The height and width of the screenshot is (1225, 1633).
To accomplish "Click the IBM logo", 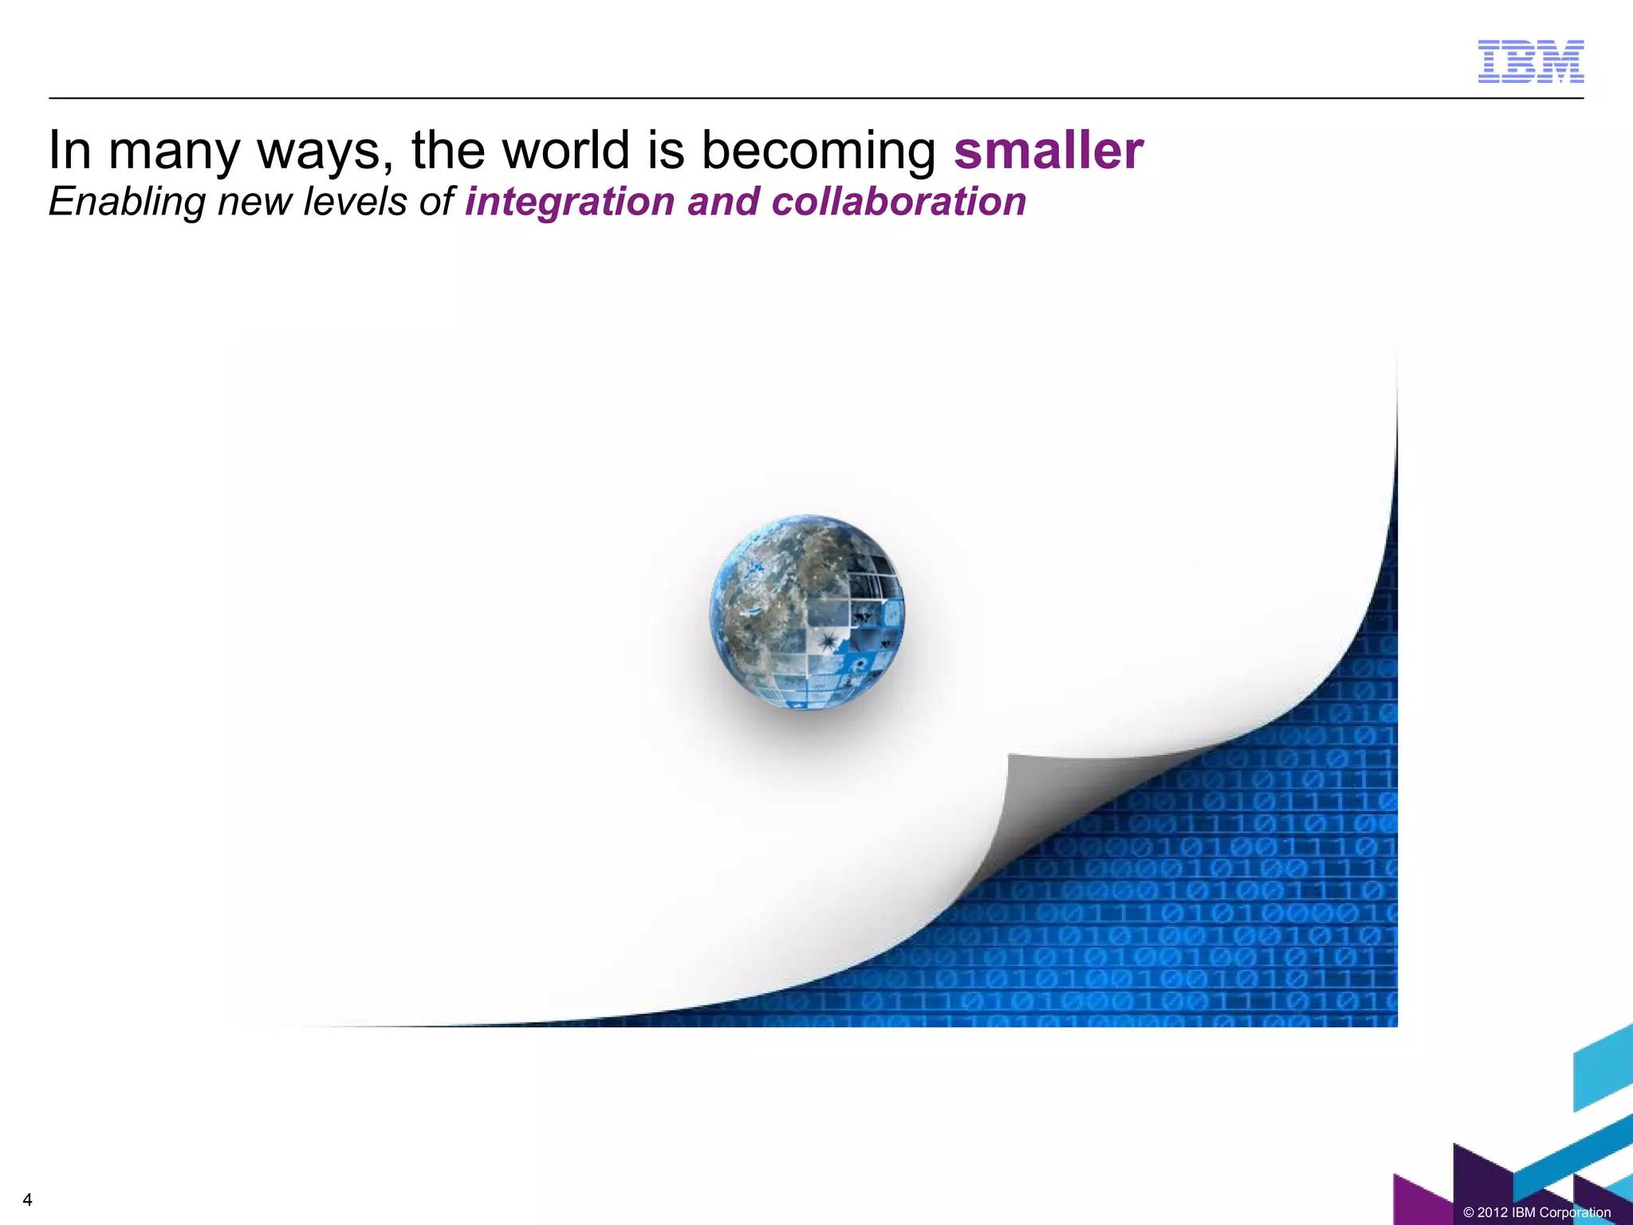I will (1530, 61).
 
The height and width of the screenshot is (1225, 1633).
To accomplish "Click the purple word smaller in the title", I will (1049, 150).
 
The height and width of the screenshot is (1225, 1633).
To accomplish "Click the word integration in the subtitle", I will (570, 203).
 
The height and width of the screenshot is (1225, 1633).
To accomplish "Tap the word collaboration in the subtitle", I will (899, 201).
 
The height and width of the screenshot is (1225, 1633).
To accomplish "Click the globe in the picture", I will (807, 612).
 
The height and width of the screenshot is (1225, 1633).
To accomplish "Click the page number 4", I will (28, 1199).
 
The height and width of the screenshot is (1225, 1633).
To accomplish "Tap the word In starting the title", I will (69, 150).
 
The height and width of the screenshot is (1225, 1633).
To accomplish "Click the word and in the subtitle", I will (723, 201).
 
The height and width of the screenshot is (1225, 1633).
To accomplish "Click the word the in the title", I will (447, 150).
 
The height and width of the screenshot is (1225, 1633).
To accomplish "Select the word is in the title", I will (665, 150).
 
